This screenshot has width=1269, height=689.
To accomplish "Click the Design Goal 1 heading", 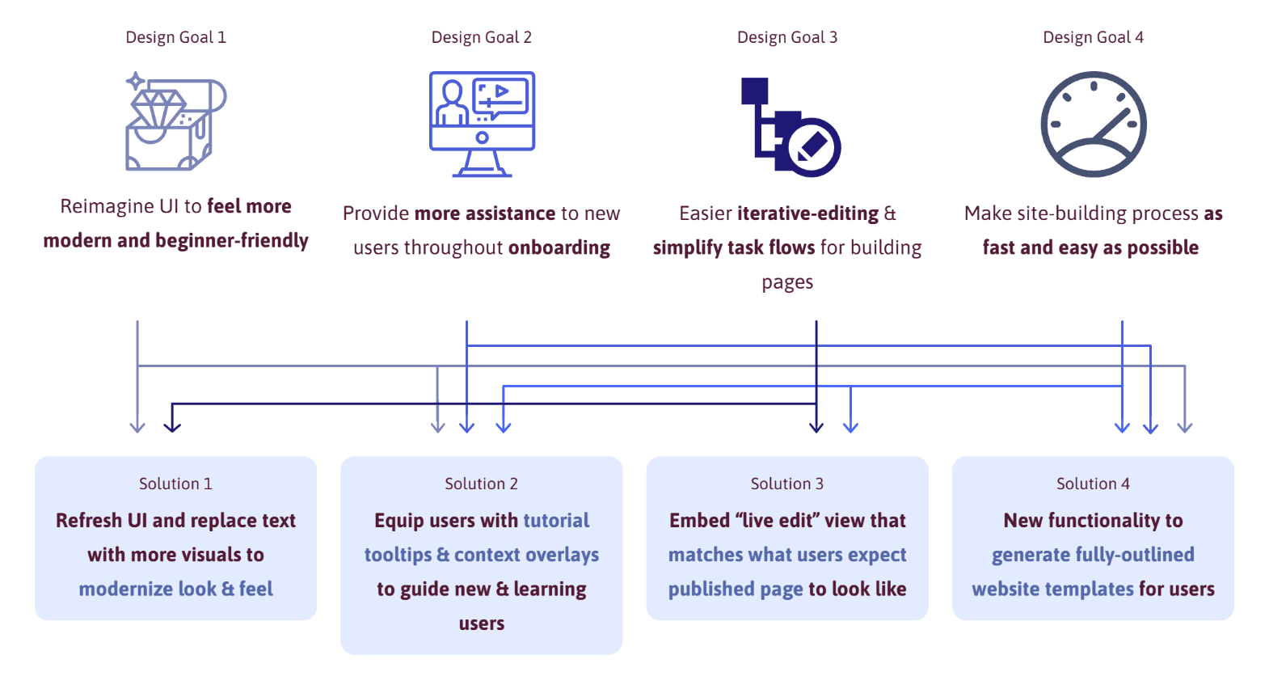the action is tap(175, 37).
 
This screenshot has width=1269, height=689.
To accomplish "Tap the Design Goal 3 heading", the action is tap(787, 37).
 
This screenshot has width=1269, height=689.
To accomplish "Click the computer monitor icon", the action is tap(482, 124).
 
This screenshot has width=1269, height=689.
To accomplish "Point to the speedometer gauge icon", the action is tap(1094, 124).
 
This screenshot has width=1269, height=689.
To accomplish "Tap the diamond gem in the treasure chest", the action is tap(158, 108).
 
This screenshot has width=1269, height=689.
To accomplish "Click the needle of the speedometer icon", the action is tap(1112, 123).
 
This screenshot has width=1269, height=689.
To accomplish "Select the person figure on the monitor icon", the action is tap(452, 104).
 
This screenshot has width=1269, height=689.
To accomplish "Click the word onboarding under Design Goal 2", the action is tap(559, 247).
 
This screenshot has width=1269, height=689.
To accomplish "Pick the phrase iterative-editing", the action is tap(807, 213).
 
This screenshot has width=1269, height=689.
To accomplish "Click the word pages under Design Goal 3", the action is tap(787, 282).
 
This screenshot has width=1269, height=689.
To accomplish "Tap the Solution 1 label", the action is tap(175, 484).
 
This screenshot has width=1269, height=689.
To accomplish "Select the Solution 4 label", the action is tap(1093, 484).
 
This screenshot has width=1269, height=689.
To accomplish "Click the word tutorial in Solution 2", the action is tap(556, 520).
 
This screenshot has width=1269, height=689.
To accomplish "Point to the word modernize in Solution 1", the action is tap(126, 589).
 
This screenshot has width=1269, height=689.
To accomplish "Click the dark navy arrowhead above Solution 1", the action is tap(172, 427).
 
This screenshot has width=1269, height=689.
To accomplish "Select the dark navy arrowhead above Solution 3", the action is tap(816, 427).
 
